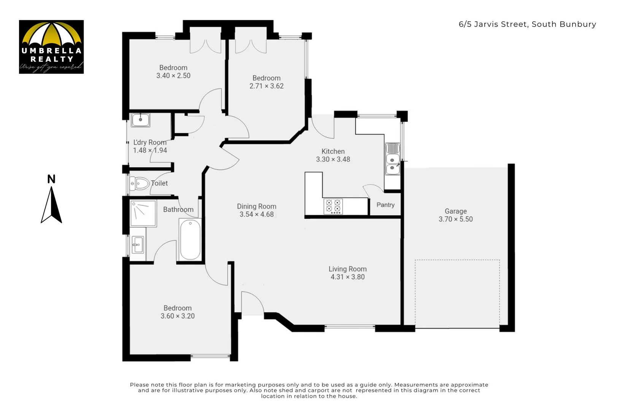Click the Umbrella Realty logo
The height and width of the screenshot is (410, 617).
(51, 47)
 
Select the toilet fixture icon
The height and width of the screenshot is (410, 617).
(139, 184)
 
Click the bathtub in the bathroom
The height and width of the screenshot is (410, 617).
(190, 240)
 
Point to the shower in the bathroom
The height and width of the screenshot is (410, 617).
(143, 213)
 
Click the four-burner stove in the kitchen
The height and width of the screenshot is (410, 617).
(333, 207)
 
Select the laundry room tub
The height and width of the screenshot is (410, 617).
(140, 120)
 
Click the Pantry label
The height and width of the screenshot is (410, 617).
(385, 205)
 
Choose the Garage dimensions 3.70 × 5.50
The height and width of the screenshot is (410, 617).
(455, 219)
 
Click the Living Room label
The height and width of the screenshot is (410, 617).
(347, 269)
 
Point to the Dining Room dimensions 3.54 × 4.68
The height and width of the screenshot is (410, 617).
(257, 214)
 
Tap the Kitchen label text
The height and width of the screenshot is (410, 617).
(333, 151)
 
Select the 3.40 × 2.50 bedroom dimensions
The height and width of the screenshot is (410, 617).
(173, 76)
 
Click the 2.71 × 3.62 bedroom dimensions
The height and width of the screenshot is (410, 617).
(266, 86)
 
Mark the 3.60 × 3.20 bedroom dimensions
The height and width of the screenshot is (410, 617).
(178, 316)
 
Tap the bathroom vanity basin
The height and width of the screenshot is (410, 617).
(137, 244)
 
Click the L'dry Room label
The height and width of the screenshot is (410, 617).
(150, 142)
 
